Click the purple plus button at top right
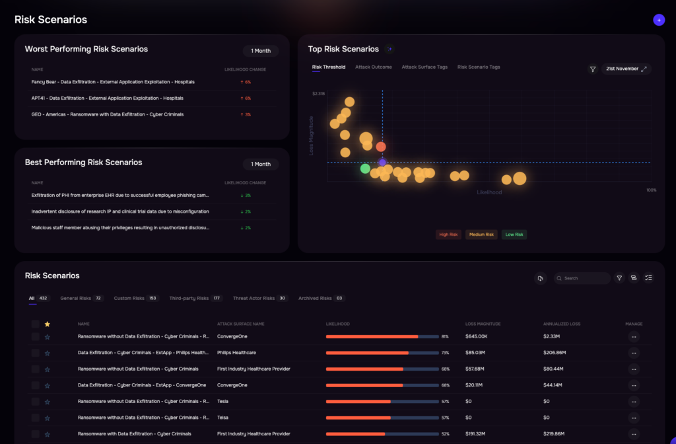(x=659, y=20)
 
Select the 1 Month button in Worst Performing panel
(x=261, y=51)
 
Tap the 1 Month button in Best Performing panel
(x=261, y=164)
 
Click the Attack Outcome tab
(x=374, y=67)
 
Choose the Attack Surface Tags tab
(x=424, y=67)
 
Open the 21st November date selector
(x=626, y=69)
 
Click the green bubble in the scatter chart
(x=365, y=168)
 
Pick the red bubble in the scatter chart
(x=381, y=147)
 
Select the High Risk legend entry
(x=448, y=235)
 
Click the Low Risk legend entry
(x=514, y=235)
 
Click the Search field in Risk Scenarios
(x=584, y=278)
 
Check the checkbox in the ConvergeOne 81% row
(x=35, y=336)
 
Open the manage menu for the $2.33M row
(x=634, y=336)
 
